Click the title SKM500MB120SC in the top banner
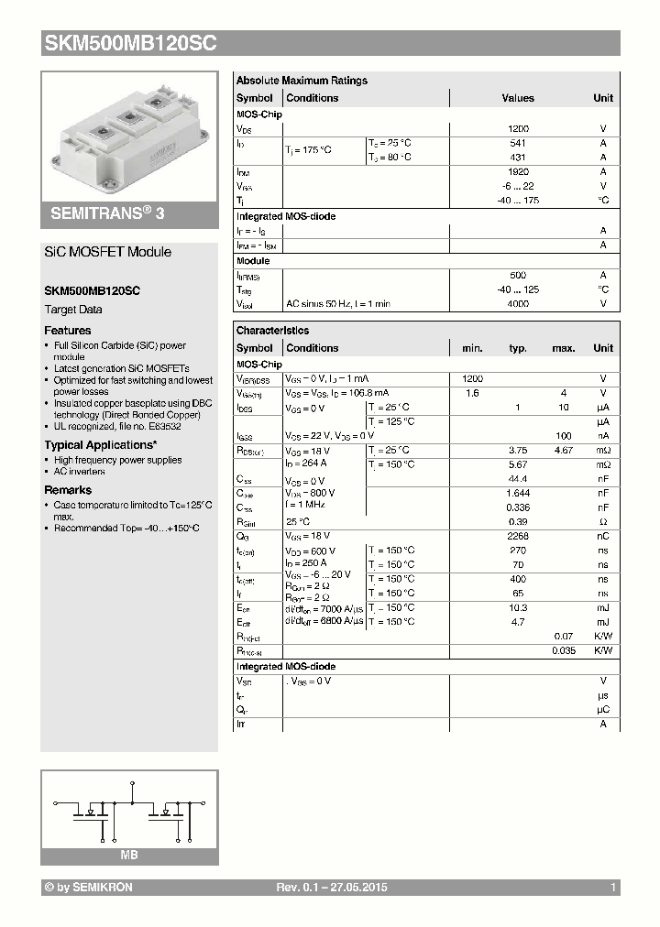tap(130, 43)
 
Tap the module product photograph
tap(128, 133)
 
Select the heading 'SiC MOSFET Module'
tap(108, 252)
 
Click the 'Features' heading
tap(68, 330)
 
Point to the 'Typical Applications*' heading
tap(101, 445)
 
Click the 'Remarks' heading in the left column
tap(68, 490)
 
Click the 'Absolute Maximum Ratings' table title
tap(302, 81)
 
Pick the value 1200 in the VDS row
tap(518, 129)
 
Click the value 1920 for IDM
tap(518, 171)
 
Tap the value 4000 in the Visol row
tap(518, 303)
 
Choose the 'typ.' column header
tap(518, 348)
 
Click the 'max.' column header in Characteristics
tap(563, 348)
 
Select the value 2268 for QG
tap(518, 536)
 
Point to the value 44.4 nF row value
tap(518, 480)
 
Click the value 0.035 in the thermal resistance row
tap(563, 650)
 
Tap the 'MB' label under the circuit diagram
tap(129, 855)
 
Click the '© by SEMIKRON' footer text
tap(89, 888)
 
